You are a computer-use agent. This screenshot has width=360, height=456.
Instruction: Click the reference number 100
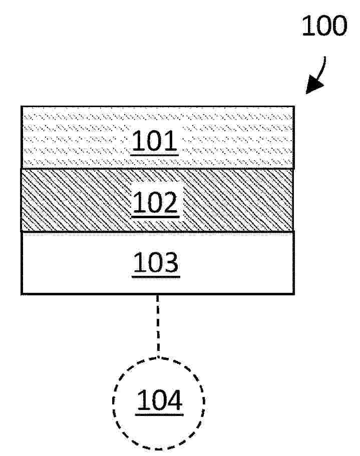(x=324, y=26)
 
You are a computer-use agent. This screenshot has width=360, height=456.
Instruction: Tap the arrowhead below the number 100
(x=314, y=85)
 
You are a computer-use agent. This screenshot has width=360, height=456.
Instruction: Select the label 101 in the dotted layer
(x=154, y=141)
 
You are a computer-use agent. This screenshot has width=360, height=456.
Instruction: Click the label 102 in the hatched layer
(x=155, y=202)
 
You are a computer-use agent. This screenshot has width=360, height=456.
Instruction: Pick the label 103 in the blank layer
(x=156, y=262)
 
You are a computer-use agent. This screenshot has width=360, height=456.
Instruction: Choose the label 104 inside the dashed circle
(x=159, y=400)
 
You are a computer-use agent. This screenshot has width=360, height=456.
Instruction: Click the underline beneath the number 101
(x=154, y=155)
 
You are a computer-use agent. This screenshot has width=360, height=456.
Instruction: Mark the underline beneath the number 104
(x=159, y=414)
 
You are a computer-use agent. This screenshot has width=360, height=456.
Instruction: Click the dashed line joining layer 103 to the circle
(x=158, y=326)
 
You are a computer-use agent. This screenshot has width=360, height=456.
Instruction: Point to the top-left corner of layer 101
(x=22, y=107)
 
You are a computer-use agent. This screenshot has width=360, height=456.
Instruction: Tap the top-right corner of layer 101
(x=294, y=107)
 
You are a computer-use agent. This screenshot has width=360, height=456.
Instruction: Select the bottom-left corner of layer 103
(x=22, y=294)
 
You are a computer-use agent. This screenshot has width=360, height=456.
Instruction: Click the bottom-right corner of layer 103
(x=294, y=294)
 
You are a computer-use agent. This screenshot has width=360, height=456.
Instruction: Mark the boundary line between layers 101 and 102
(x=158, y=168)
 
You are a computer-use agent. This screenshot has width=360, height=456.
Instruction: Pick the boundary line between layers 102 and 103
(x=158, y=231)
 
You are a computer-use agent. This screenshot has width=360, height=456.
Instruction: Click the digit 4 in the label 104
(x=174, y=400)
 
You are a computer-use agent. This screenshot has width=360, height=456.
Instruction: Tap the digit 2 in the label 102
(x=170, y=202)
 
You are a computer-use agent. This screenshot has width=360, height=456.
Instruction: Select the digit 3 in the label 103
(x=170, y=262)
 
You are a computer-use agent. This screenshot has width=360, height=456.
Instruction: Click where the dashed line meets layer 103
(x=158, y=295)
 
